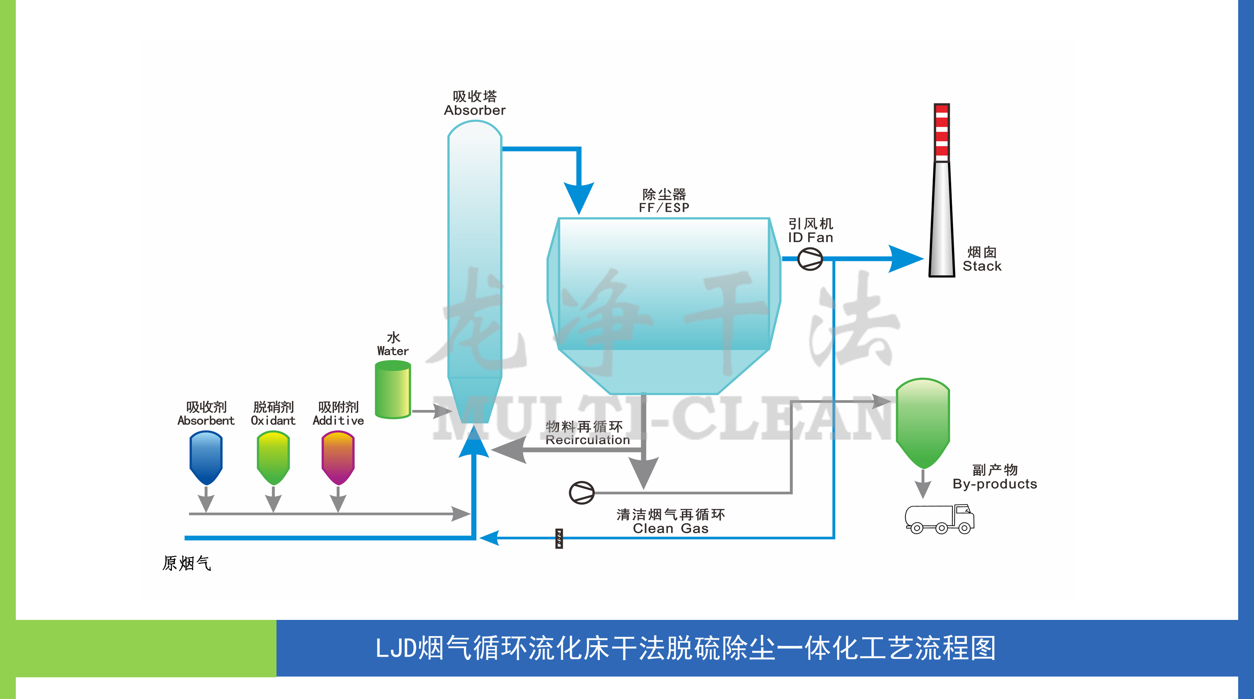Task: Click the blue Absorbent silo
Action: [x=206, y=457]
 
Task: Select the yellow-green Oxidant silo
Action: [x=273, y=457]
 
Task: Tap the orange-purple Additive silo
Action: [x=338, y=457]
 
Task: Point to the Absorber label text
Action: [x=475, y=110]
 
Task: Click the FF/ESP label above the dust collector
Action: [x=664, y=208]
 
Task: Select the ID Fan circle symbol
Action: [x=810, y=259]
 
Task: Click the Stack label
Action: [x=982, y=266]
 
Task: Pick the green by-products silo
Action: [x=923, y=421]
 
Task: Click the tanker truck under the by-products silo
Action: [x=939, y=519]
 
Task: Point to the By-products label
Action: [x=994, y=484]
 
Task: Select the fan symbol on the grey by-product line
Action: [x=582, y=493]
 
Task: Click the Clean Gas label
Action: [x=670, y=528]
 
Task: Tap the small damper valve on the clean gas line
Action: [x=559, y=539]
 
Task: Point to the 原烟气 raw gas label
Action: [x=186, y=563]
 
